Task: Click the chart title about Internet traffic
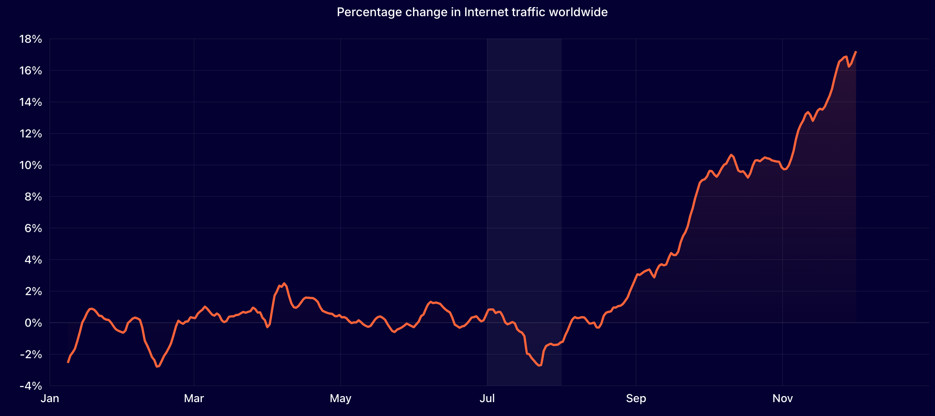472,12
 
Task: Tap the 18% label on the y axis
31,39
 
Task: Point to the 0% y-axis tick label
33,323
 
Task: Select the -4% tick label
31,386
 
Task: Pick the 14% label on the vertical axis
31,102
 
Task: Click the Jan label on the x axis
50,398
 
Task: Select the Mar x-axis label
194,398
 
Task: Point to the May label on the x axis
340,398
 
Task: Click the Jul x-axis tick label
487,398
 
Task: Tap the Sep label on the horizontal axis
636,398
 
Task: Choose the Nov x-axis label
782,398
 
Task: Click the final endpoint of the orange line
856,52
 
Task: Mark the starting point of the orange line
68,362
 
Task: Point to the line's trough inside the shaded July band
540,365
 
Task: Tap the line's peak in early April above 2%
284,283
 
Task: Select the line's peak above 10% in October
731,155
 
